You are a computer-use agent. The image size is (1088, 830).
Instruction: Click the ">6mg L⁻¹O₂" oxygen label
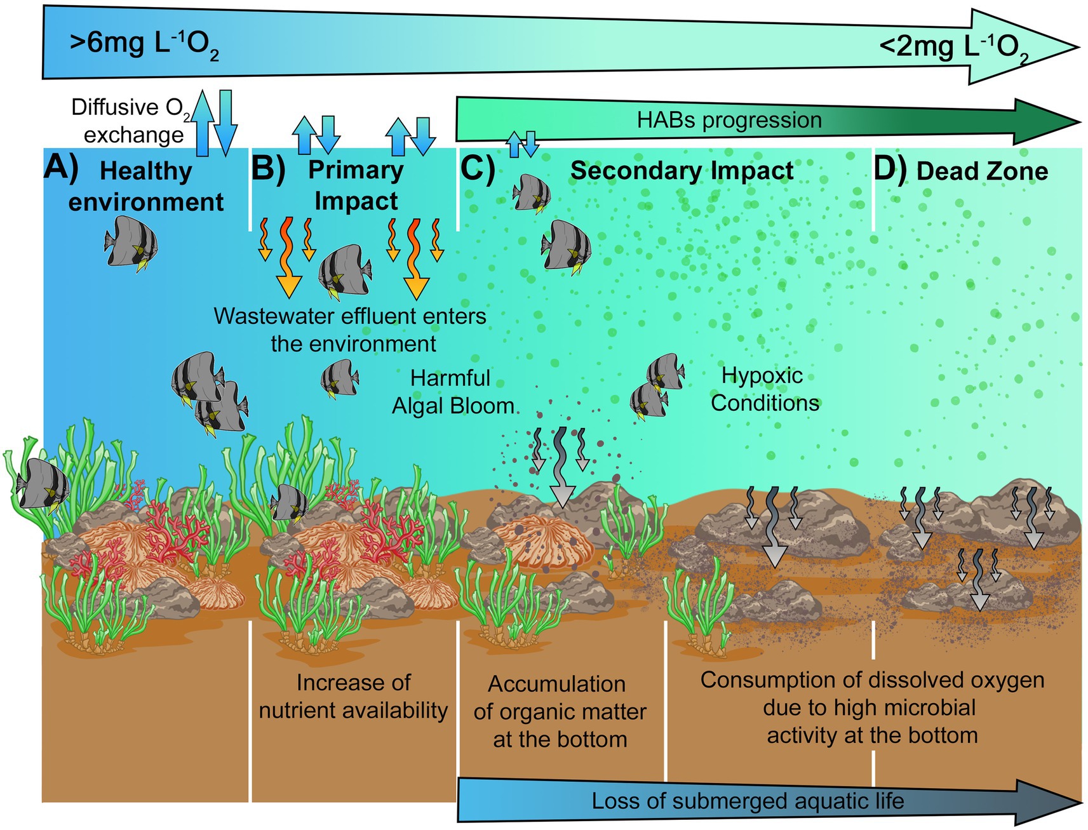click(144, 46)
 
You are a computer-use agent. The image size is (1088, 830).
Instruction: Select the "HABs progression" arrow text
click(729, 120)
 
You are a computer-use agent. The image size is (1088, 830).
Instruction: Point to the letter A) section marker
click(61, 168)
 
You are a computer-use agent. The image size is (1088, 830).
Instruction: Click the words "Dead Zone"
click(982, 171)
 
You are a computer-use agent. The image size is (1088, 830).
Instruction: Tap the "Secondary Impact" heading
click(682, 170)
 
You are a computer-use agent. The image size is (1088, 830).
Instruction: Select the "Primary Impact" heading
click(356, 185)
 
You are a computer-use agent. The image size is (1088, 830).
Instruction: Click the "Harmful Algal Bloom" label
click(452, 392)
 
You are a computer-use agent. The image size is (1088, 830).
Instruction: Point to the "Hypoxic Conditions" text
click(764, 389)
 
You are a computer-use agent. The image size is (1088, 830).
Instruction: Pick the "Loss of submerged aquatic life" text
click(748, 801)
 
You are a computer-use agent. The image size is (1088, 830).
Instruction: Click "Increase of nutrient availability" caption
click(353, 697)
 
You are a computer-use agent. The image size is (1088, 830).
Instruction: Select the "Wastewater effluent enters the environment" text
click(351, 330)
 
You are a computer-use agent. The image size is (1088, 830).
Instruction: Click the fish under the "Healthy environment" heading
click(131, 243)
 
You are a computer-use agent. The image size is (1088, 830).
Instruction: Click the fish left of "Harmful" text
click(339, 378)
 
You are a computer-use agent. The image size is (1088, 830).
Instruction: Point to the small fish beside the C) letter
click(531, 192)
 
